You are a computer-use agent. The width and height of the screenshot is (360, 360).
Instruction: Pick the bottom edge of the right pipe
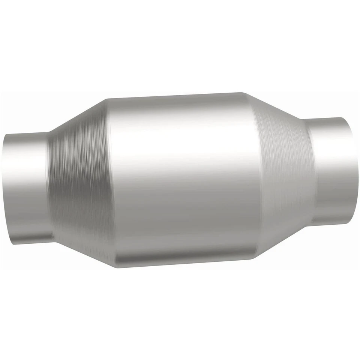pyautogui.click(x=332, y=224)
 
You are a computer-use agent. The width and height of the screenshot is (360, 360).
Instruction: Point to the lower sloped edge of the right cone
pyautogui.click(x=285, y=240)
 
